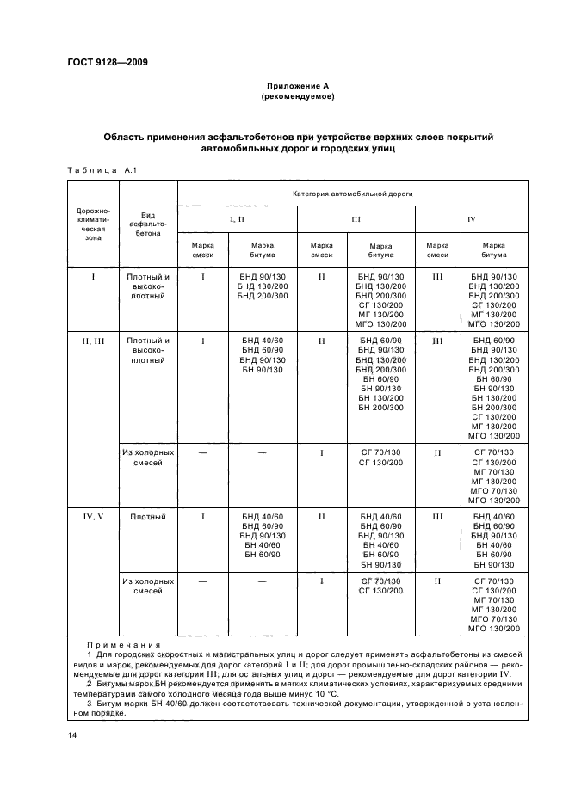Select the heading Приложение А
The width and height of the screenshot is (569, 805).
[297, 86]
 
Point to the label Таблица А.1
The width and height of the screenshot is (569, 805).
[96, 171]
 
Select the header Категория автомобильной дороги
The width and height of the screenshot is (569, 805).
[353, 194]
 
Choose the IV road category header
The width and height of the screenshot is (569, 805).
[472, 219]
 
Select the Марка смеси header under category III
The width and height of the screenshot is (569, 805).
[321, 249]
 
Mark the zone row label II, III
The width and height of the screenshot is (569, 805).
[93, 341]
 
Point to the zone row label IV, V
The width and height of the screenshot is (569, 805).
[93, 517]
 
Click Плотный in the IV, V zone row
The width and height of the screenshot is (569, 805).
[148, 517]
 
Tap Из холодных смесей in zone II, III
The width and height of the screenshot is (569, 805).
[148, 458]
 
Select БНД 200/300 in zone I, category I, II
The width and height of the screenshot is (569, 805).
[263, 296]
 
